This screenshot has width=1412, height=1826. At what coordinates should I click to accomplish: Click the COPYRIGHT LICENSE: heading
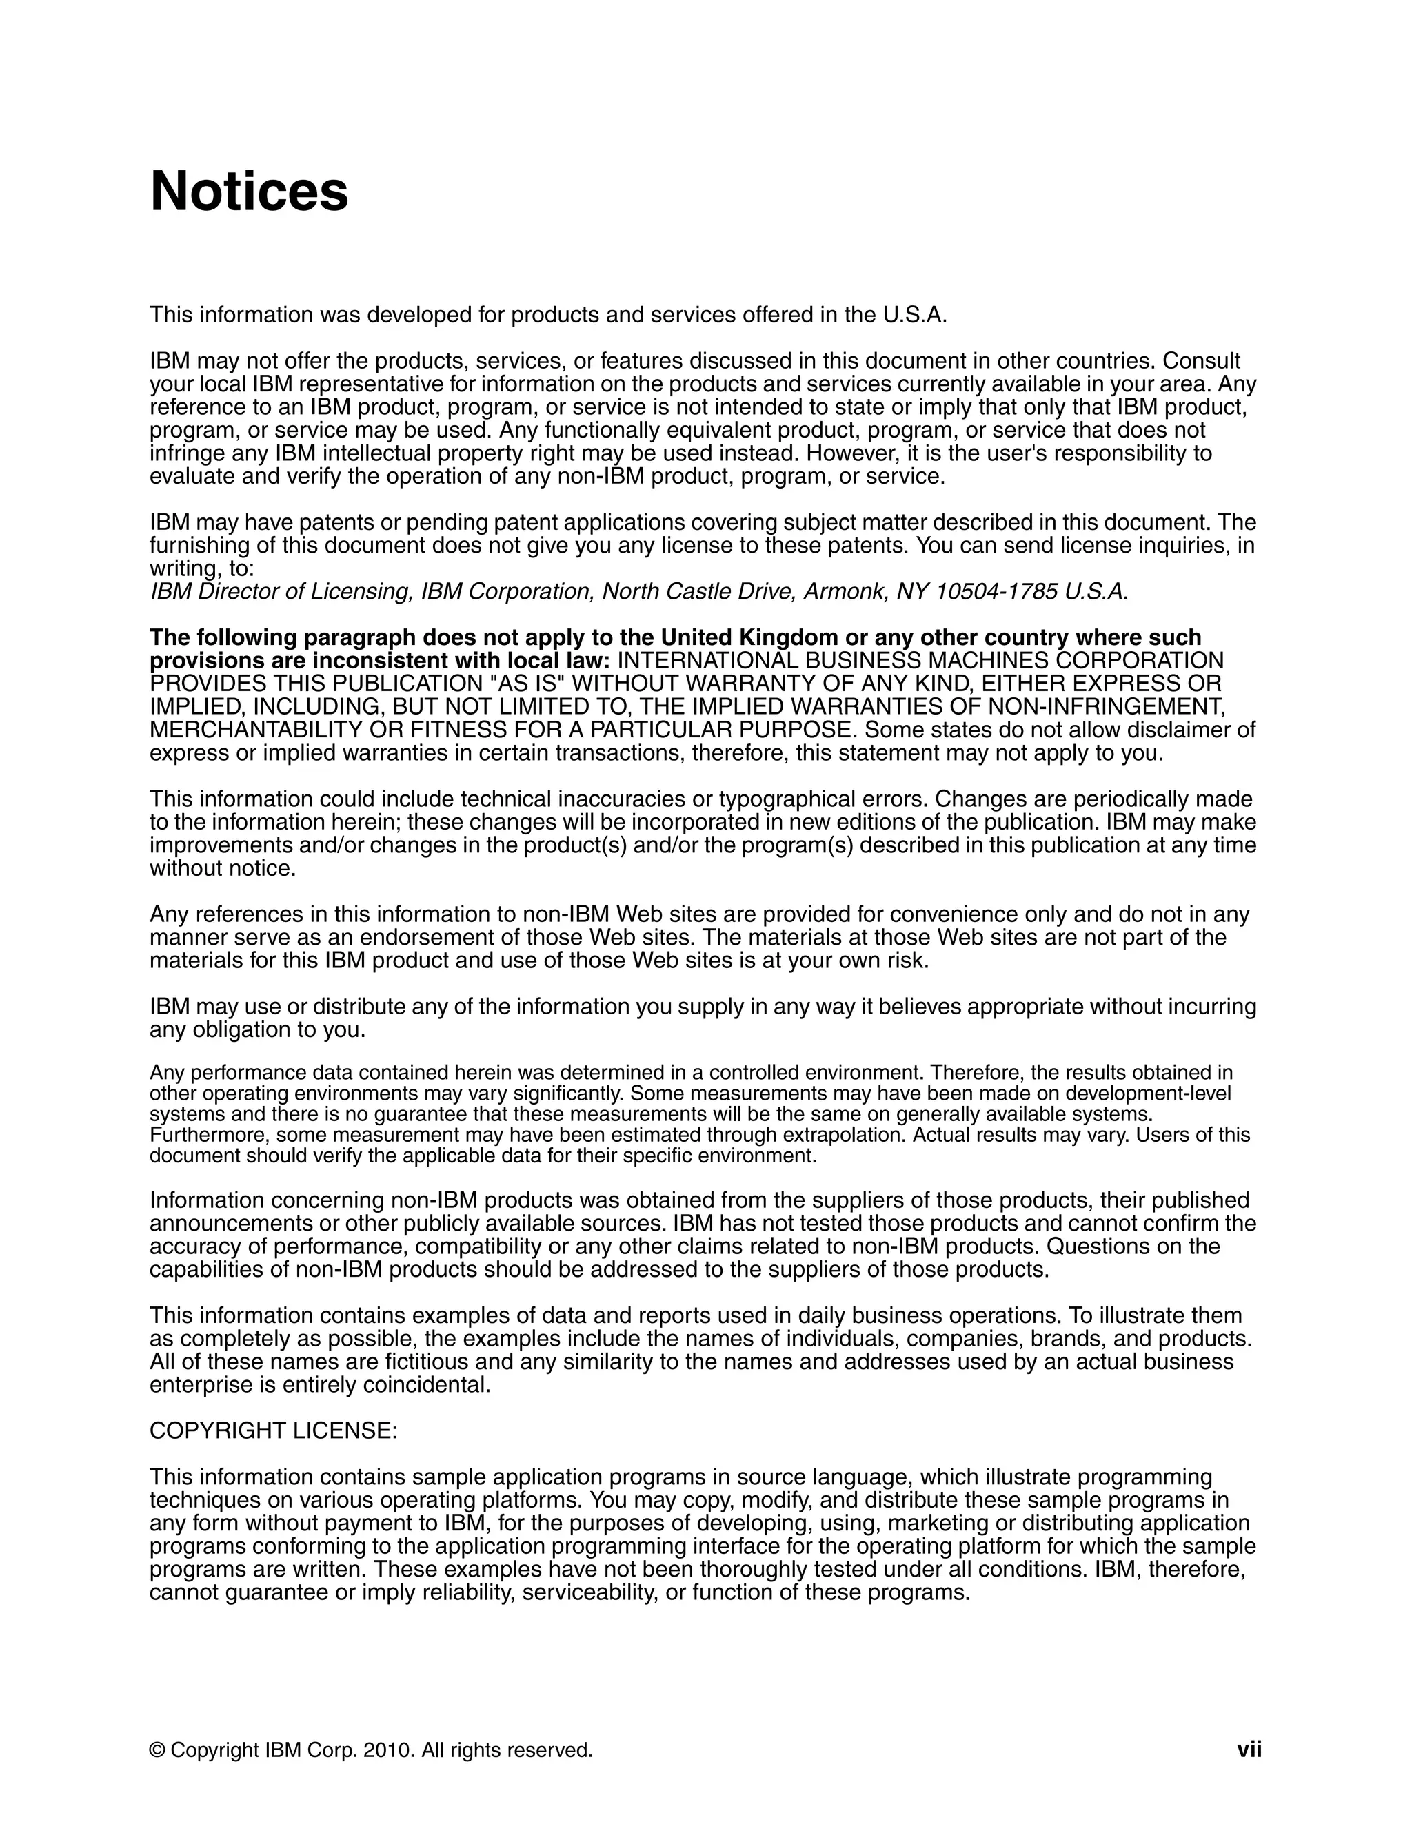(x=274, y=1430)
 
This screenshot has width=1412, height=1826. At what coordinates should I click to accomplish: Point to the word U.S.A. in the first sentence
(x=915, y=315)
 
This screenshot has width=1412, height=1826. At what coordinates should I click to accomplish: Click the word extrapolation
(x=856, y=1136)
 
